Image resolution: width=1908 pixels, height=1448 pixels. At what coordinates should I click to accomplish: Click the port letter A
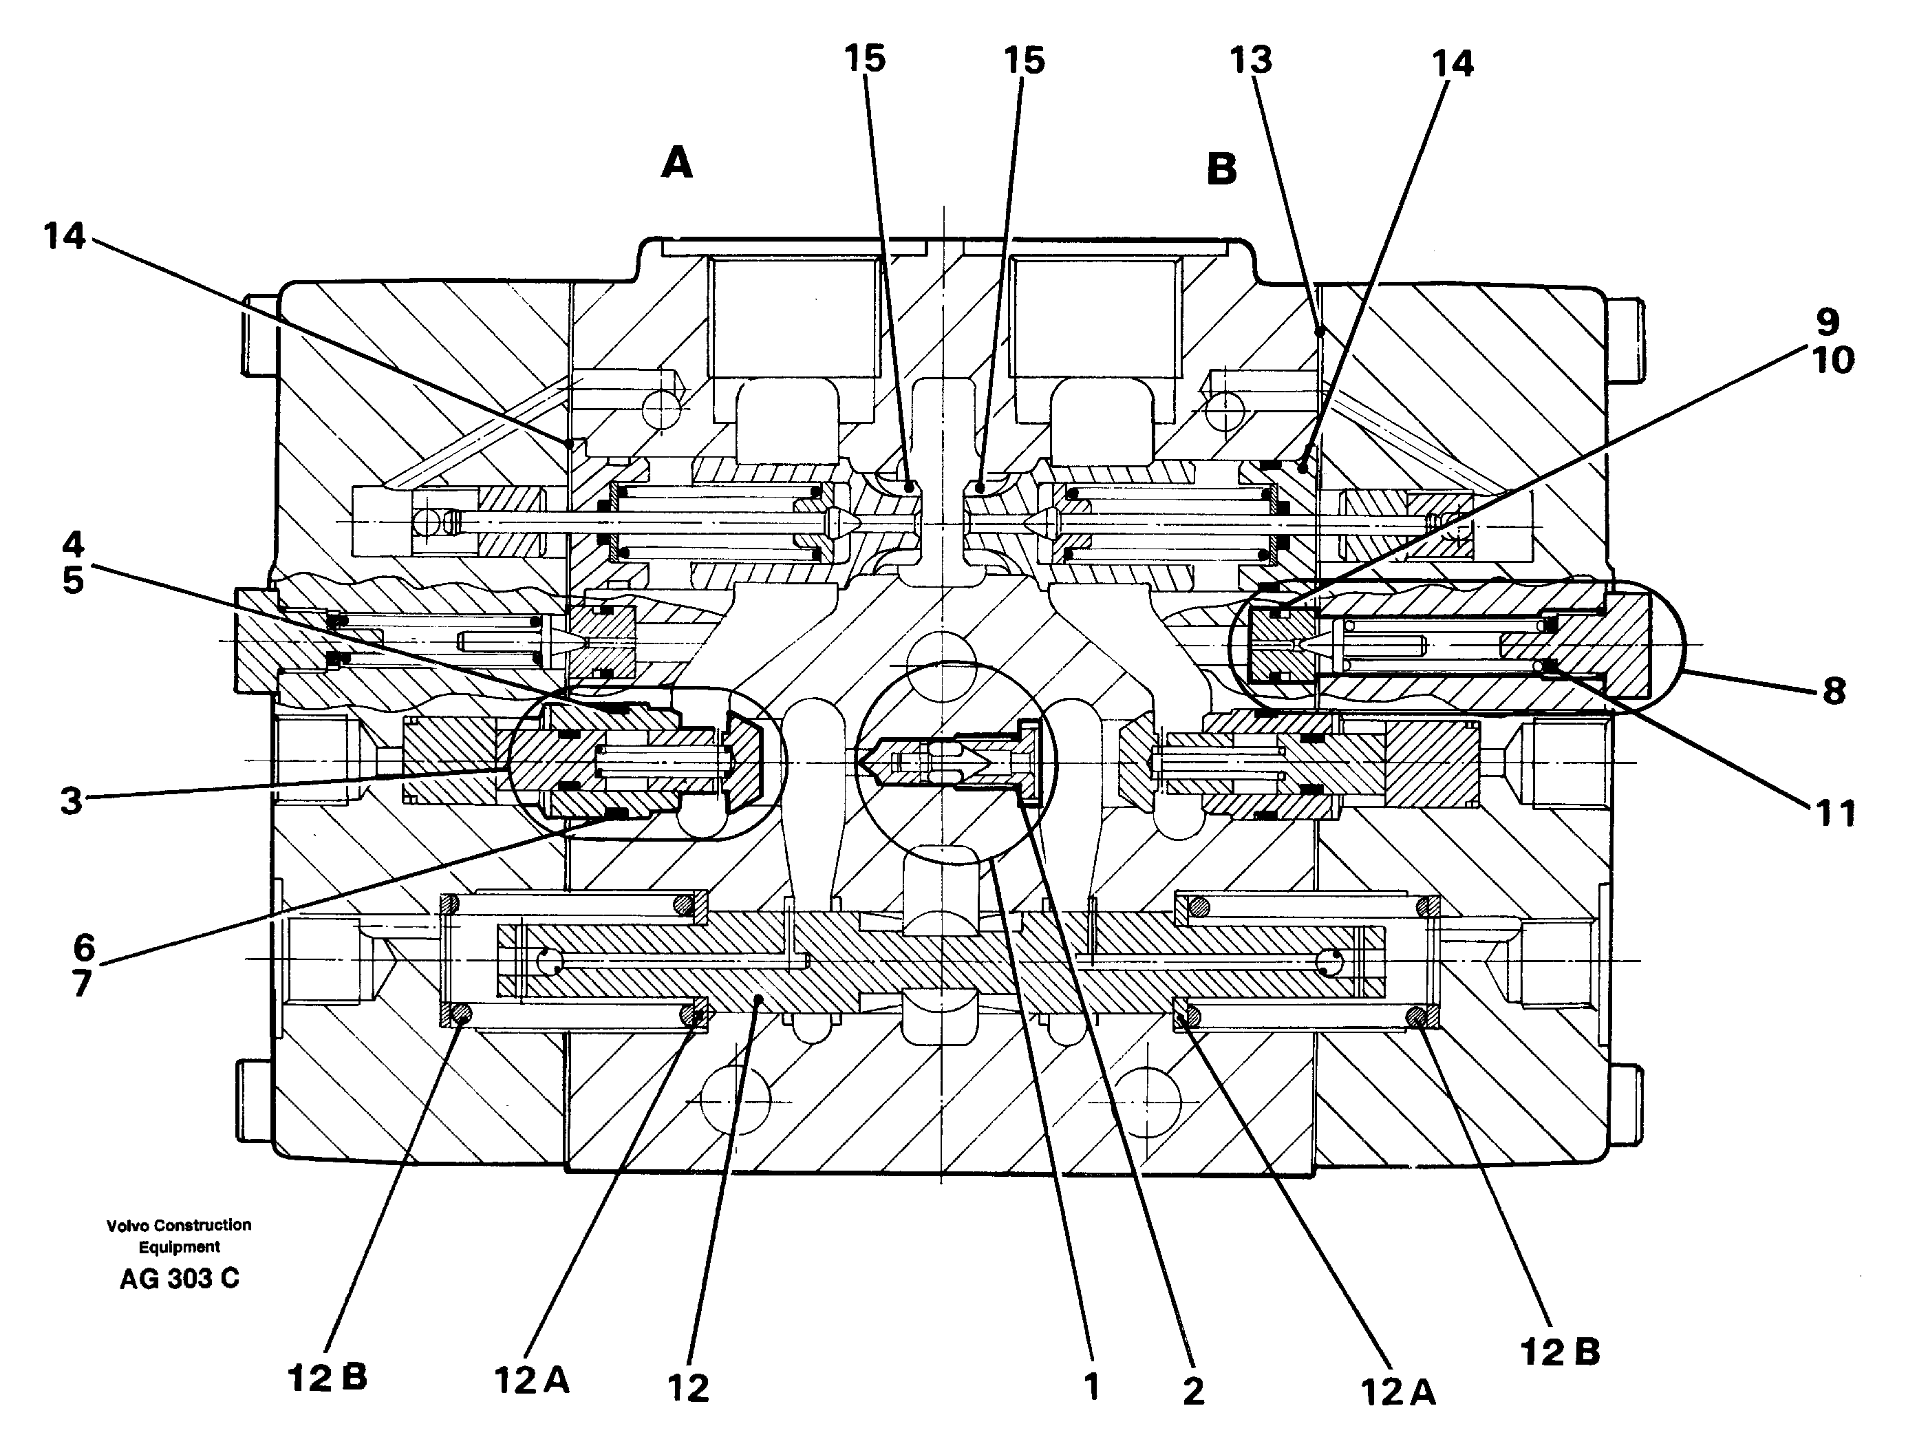677,162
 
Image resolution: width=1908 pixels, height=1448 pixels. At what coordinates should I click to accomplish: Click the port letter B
1221,169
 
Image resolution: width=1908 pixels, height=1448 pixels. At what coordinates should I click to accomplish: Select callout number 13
1250,60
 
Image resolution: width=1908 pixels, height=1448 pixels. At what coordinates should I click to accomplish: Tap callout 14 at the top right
1453,63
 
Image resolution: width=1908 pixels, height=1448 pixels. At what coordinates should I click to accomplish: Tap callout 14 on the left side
65,235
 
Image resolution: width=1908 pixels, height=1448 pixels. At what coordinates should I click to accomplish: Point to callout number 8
1834,690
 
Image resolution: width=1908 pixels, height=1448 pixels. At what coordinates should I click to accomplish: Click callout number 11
1834,812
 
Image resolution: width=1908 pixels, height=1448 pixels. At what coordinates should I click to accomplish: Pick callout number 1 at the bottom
1092,1387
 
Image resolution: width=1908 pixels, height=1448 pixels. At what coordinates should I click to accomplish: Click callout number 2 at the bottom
1193,1390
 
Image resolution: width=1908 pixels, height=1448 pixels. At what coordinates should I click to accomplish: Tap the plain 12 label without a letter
688,1388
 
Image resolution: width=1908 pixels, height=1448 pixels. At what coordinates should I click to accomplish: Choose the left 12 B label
327,1377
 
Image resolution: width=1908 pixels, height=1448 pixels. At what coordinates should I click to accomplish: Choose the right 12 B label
1560,1352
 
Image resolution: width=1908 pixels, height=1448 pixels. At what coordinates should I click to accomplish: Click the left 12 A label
531,1380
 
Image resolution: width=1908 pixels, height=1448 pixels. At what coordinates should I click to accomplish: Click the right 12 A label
1398,1391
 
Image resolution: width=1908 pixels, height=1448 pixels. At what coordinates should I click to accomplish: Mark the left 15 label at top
864,58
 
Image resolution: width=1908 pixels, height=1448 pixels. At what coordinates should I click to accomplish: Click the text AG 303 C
180,1278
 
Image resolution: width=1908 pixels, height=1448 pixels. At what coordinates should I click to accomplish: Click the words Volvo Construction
180,1224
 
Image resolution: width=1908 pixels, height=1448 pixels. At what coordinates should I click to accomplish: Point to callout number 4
74,544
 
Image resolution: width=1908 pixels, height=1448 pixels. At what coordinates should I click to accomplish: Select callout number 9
1827,322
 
